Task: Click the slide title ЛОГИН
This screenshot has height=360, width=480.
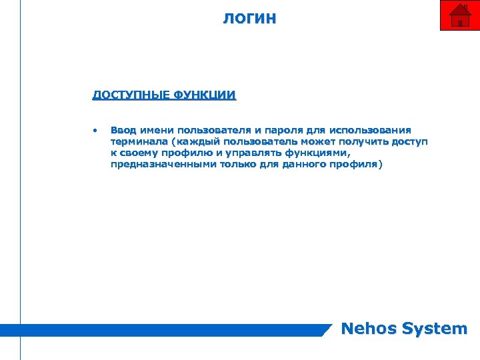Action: pyautogui.click(x=249, y=18)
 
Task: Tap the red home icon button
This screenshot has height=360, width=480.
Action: pyautogui.click(x=460, y=15)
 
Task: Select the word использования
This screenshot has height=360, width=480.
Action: pyautogui.click(x=376, y=130)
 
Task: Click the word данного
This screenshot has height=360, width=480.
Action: pyautogui.click(x=307, y=165)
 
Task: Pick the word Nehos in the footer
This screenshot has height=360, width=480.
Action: pyautogui.click(x=368, y=329)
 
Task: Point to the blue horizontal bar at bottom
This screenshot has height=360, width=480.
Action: pyautogui.click(x=167, y=329)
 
